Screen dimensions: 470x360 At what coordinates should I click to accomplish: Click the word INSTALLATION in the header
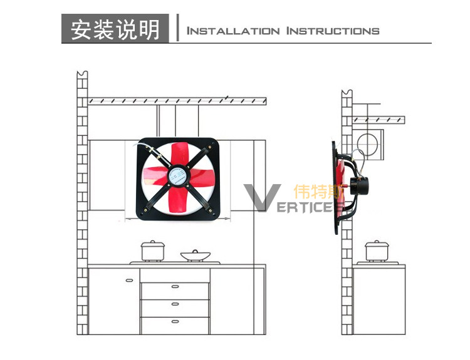(233, 31)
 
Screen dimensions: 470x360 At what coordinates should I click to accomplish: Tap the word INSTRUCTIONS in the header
(333, 31)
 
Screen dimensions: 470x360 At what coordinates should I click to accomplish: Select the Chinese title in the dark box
(115, 29)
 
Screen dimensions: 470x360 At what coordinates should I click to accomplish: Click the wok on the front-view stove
(195, 255)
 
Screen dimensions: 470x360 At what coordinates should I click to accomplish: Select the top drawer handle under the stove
(175, 286)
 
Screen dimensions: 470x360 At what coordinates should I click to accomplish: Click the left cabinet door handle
(129, 280)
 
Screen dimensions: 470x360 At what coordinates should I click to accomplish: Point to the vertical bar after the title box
(179, 29)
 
